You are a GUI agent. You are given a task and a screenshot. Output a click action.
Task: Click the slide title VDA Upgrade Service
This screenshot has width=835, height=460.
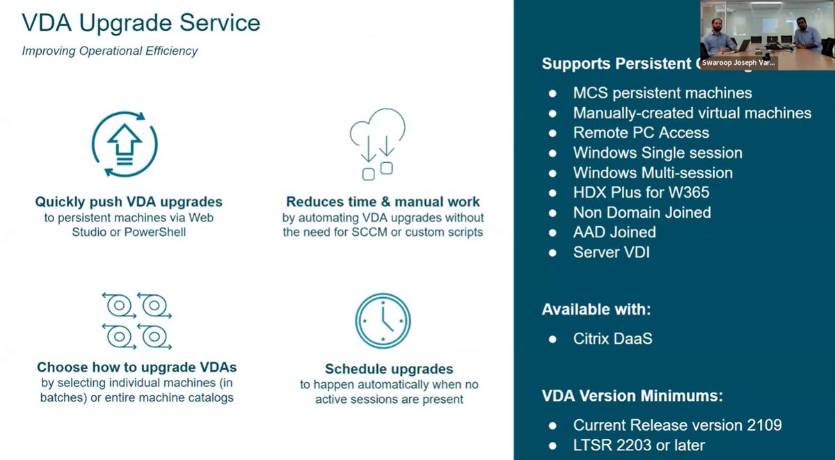[141, 23]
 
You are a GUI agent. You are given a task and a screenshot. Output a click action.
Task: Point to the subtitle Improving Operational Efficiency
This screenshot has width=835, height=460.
[110, 51]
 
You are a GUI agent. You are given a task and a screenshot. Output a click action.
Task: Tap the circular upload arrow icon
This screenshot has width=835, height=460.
[125, 145]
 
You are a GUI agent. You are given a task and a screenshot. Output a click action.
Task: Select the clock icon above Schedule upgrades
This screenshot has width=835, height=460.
[383, 321]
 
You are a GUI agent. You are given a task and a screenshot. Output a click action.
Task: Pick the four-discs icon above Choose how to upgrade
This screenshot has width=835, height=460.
[136, 321]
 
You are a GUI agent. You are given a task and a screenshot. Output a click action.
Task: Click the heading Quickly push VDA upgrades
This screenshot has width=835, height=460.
[129, 202]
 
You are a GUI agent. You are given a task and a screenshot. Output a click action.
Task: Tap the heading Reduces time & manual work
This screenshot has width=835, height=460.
[383, 202]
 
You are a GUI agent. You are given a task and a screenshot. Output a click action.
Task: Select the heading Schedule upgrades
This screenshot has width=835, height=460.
[389, 369]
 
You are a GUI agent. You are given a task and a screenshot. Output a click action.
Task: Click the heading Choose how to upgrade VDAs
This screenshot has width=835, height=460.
[136, 367]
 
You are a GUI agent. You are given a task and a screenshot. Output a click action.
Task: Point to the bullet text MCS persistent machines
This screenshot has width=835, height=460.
[662, 93]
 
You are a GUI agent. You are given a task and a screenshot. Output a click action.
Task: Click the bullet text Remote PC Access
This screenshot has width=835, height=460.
[641, 133]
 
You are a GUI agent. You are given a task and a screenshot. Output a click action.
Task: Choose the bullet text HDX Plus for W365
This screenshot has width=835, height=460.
[642, 192]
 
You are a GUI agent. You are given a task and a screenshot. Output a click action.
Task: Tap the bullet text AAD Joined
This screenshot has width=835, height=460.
[614, 232]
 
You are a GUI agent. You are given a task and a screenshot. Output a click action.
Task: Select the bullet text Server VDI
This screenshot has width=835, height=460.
[611, 252]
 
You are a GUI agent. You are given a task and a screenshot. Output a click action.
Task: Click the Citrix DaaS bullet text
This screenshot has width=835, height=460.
[612, 339]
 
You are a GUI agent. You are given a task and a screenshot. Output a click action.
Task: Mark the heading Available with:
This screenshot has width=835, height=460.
[596, 310]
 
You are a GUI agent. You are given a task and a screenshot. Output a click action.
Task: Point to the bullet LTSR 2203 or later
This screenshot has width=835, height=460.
[639, 445]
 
